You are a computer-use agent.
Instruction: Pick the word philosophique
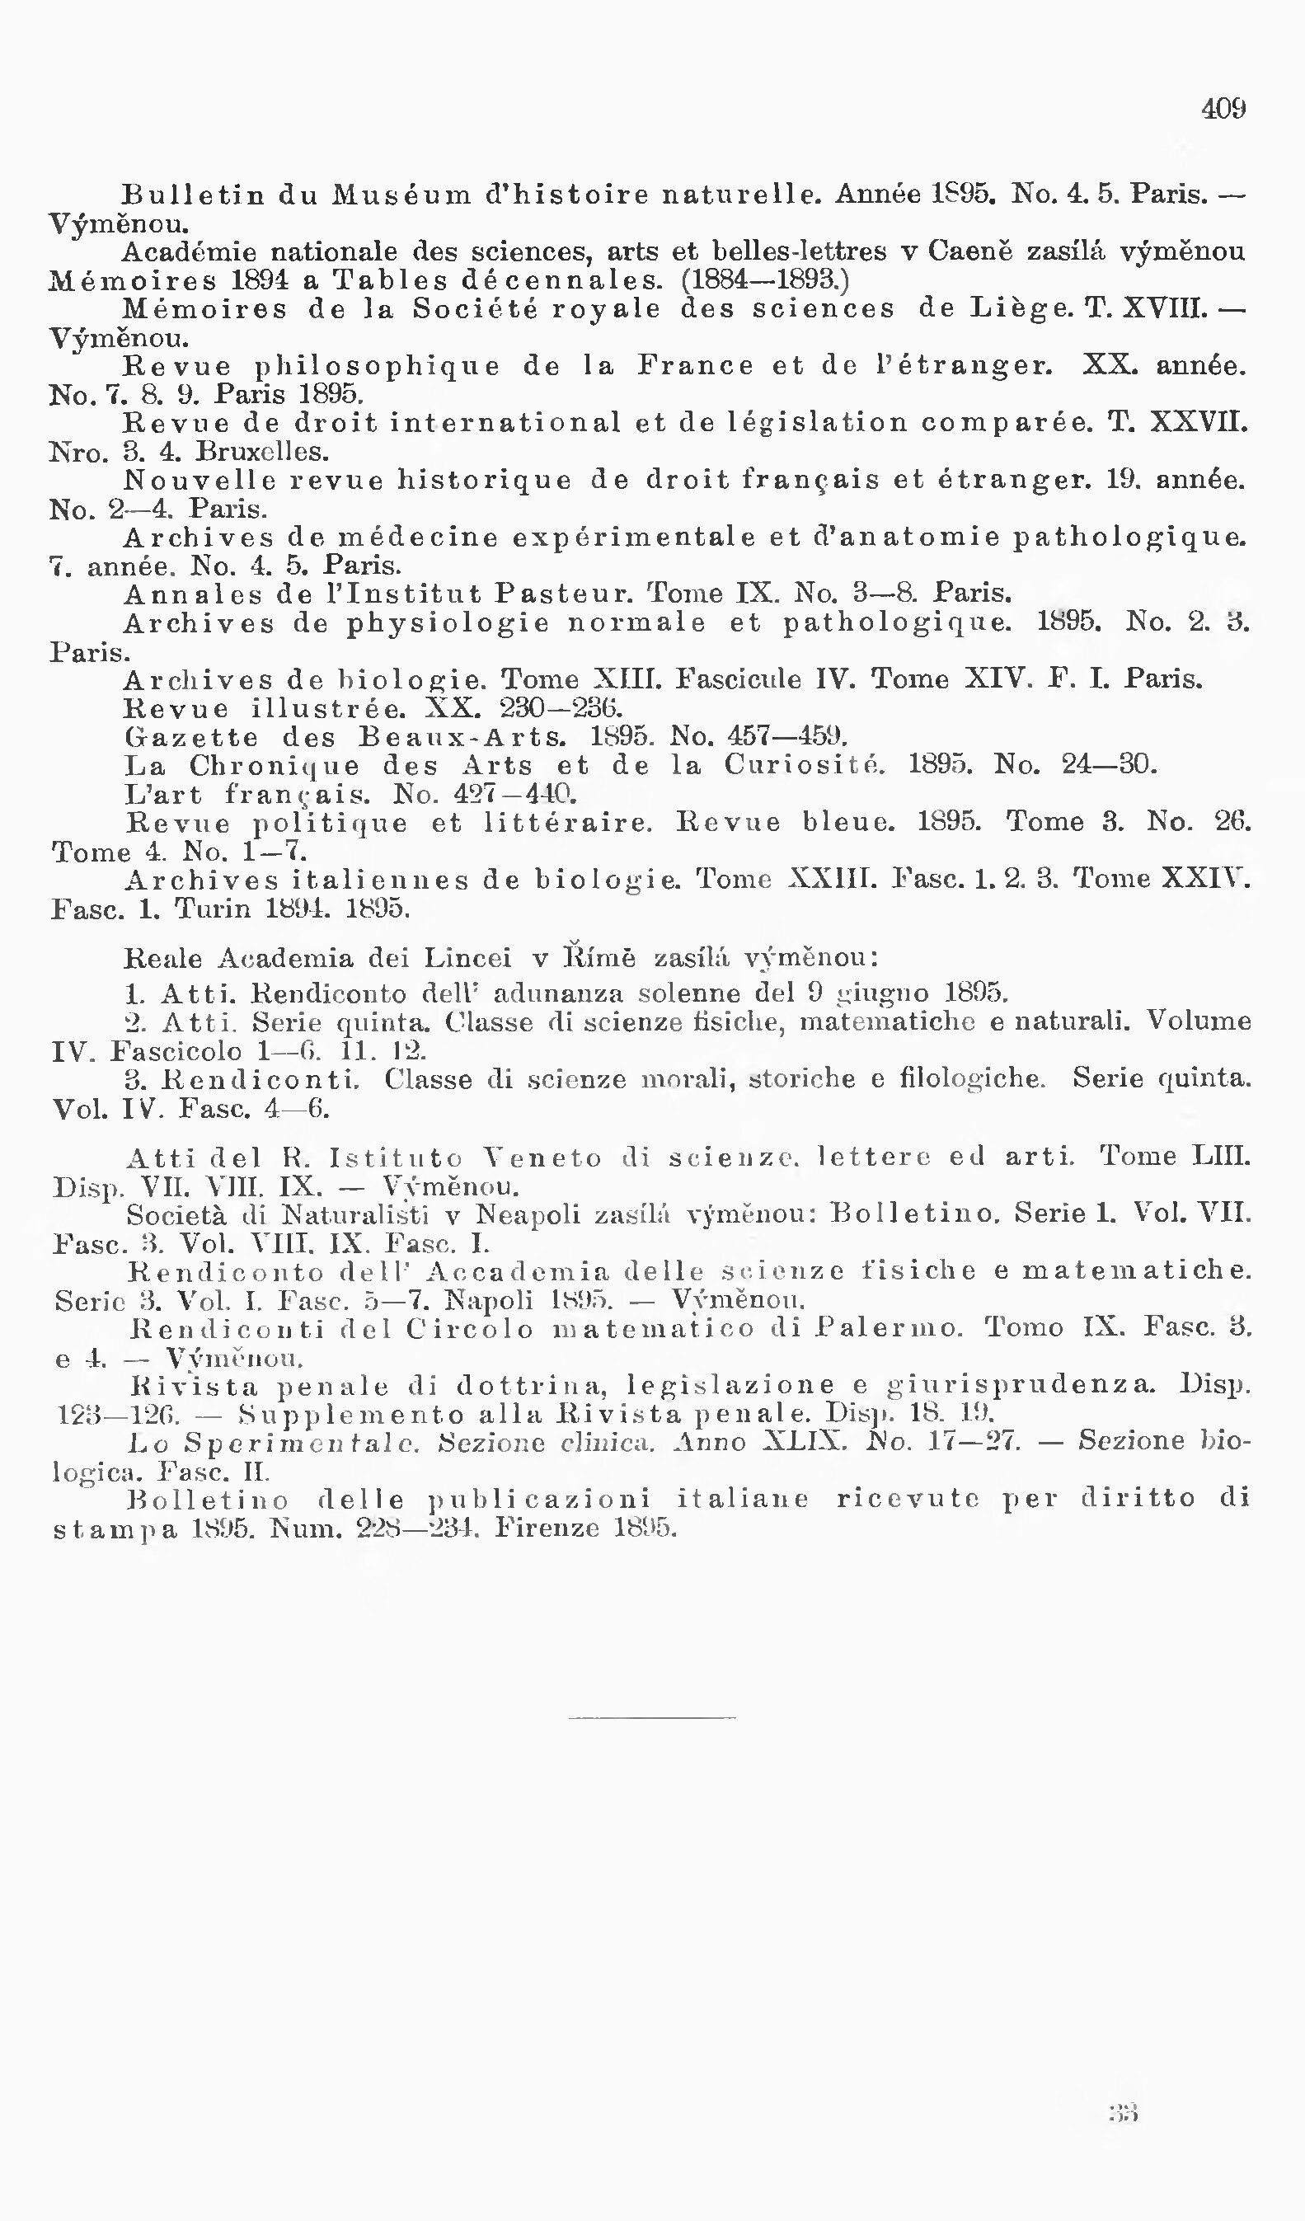[x=377, y=366]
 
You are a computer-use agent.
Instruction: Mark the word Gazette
[x=192, y=737]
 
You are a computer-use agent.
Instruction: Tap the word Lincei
[x=458, y=958]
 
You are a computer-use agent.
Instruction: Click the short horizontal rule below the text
[x=652, y=1717]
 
